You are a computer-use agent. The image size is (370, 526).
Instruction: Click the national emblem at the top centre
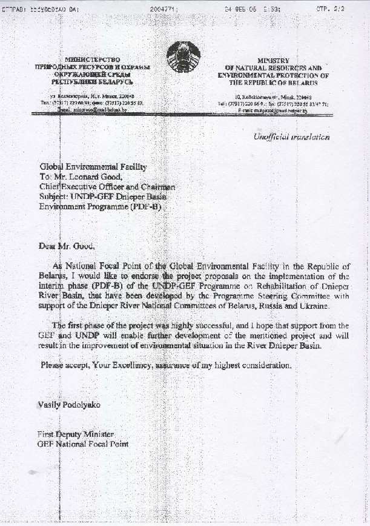point(184,58)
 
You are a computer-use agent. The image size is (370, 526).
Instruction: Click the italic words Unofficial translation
point(291,137)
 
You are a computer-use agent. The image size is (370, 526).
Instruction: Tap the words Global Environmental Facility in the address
point(93,166)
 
